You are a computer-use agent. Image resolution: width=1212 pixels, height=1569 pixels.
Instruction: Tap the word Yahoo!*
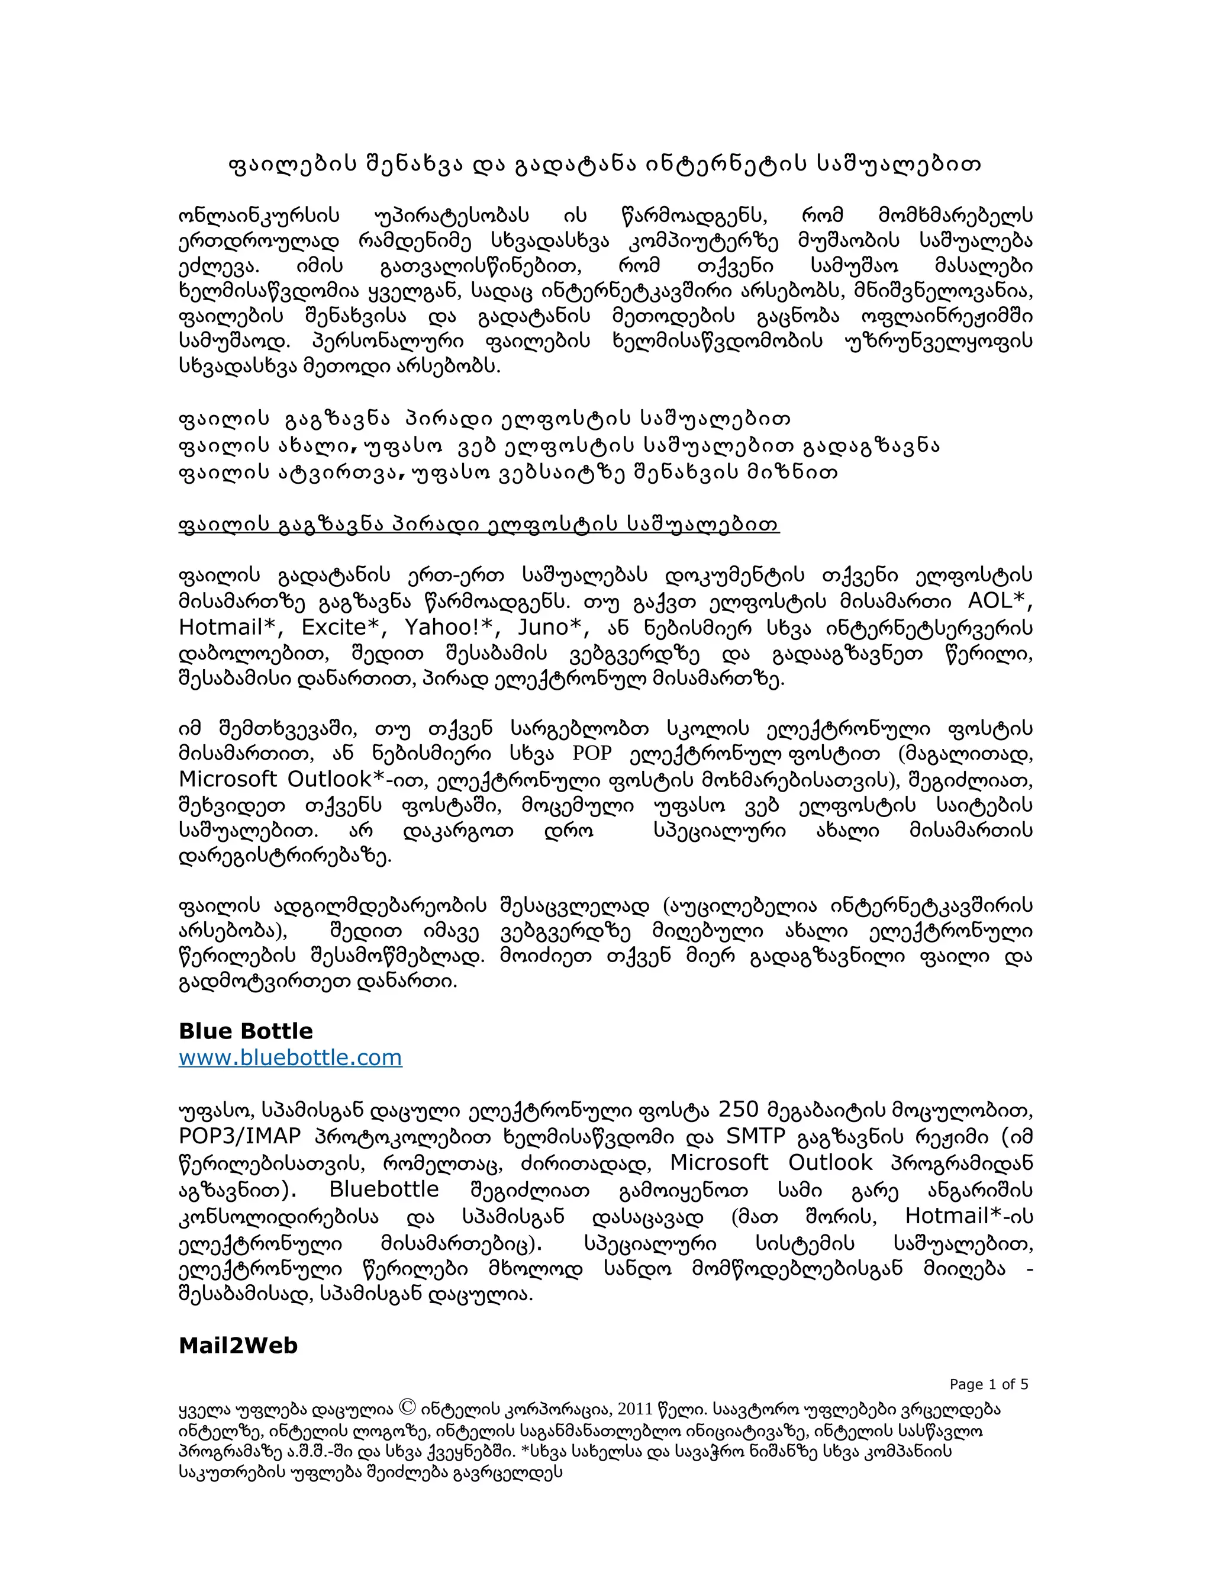click(452, 627)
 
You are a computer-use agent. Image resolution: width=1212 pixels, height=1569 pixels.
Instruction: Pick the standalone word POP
click(592, 753)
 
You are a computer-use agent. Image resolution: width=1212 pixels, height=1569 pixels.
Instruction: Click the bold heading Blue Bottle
click(246, 1031)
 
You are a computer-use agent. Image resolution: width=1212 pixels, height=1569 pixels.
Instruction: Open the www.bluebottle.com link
click(290, 1057)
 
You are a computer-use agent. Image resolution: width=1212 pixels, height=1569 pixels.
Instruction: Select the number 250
click(738, 1110)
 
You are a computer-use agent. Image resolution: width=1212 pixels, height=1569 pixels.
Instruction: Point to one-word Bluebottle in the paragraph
click(383, 1189)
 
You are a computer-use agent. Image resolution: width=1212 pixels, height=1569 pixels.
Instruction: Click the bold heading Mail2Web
click(238, 1346)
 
